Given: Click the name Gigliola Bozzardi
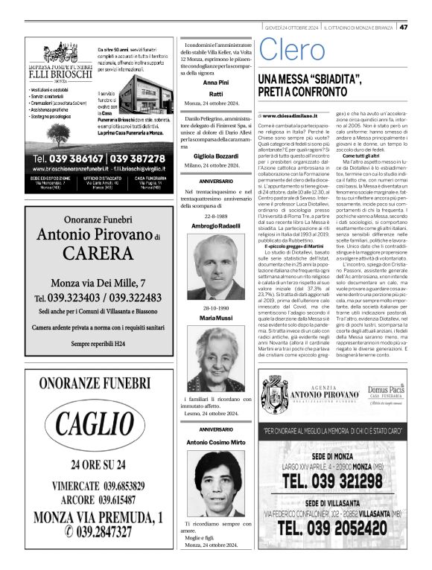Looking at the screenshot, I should click(x=216, y=154).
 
